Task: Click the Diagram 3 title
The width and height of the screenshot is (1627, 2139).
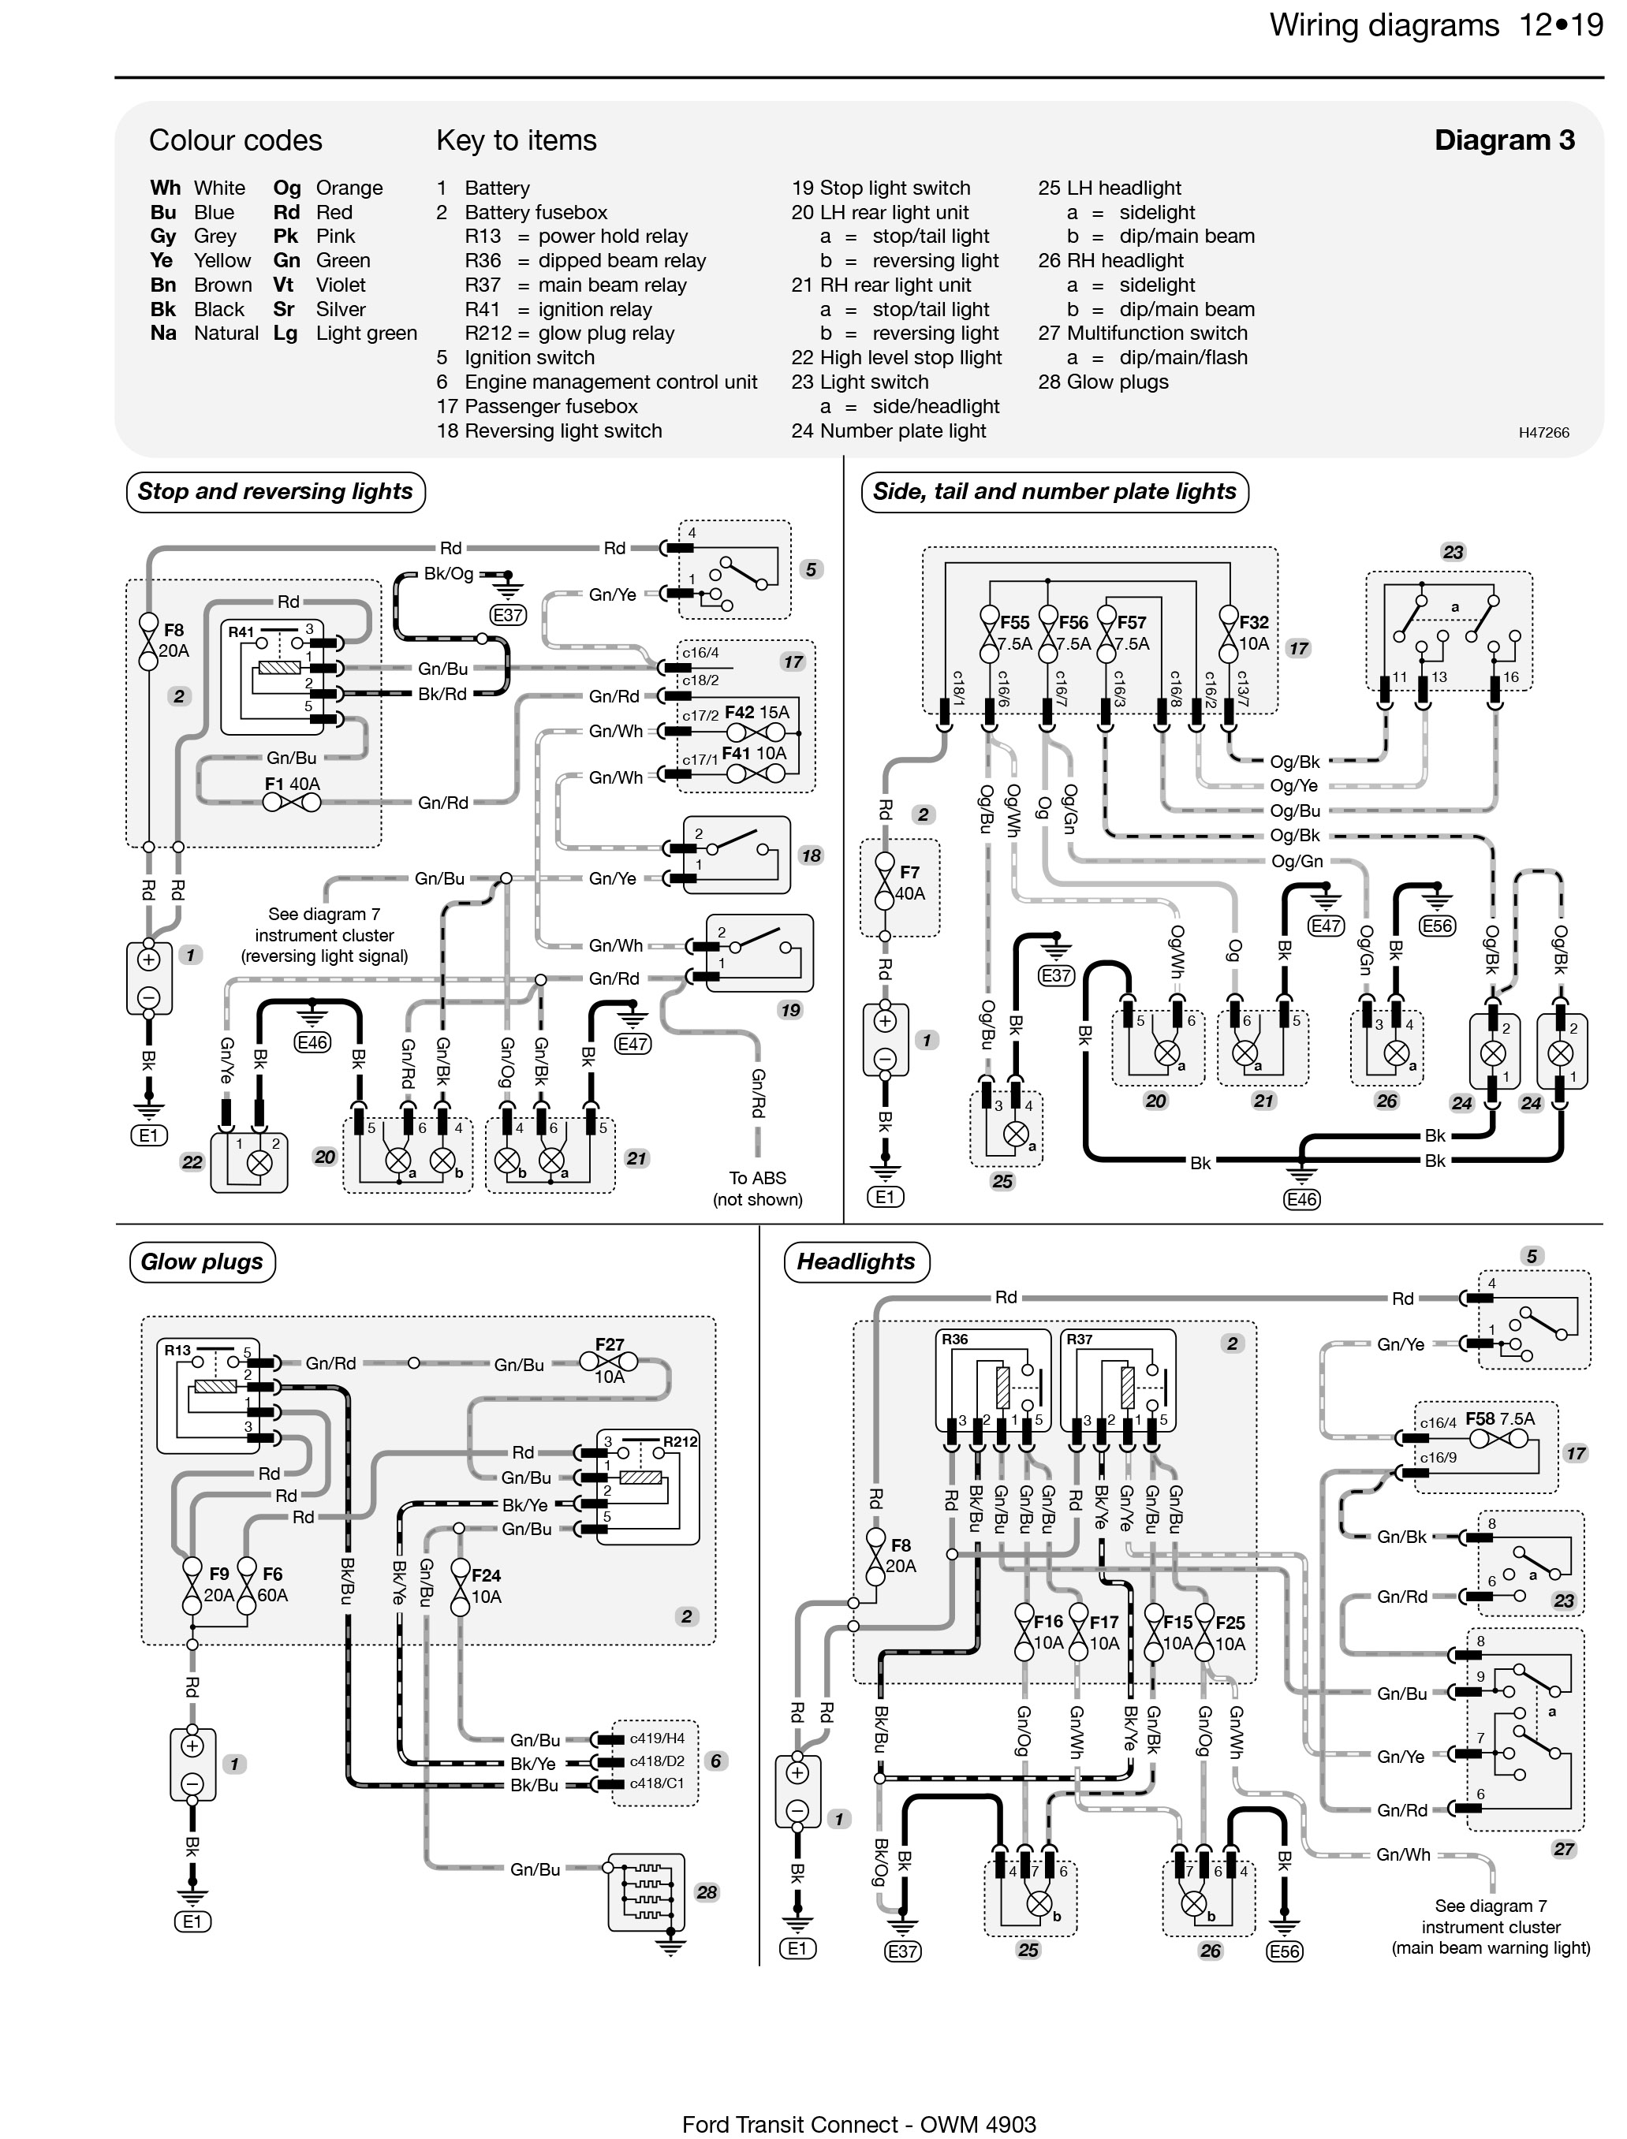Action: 1504,140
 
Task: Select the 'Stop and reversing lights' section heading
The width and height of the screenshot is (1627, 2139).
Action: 276,492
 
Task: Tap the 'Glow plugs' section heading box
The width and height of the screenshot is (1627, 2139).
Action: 203,1261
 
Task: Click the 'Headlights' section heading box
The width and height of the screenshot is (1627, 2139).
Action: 856,1261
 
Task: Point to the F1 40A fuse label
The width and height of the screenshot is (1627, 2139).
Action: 293,784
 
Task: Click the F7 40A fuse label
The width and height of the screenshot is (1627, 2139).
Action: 909,883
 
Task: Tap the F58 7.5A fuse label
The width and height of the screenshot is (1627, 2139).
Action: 1500,1419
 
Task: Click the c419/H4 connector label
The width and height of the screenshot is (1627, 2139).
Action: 657,1738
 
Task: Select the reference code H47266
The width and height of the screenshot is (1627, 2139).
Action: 1543,433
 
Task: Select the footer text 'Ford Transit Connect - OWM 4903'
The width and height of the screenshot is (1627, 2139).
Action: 859,2125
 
